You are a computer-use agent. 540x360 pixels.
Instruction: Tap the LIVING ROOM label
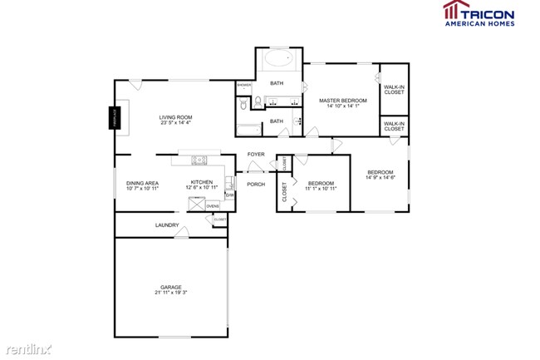coord(175,117)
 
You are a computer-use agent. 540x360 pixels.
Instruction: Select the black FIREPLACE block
coord(115,119)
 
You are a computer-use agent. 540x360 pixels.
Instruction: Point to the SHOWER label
coord(244,85)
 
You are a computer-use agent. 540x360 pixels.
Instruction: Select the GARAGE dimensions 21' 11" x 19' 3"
coord(172,293)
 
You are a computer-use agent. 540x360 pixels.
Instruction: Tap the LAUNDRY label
coord(167,225)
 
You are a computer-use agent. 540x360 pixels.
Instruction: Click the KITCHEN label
coord(202,182)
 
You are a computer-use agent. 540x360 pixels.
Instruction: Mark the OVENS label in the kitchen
coord(213,205)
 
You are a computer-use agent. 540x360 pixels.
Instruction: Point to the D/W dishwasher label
coord(229,195)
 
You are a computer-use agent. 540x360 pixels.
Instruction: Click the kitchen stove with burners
coord(199,159)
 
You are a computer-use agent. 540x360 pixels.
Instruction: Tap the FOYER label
coord(256,154)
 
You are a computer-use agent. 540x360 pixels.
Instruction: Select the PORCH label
coord(256,184)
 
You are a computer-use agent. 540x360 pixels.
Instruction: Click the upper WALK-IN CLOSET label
coord(394,89)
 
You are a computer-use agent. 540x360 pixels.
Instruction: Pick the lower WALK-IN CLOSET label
coord(394,126)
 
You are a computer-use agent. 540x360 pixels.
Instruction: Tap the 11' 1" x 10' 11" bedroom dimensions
coord(321,189)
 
